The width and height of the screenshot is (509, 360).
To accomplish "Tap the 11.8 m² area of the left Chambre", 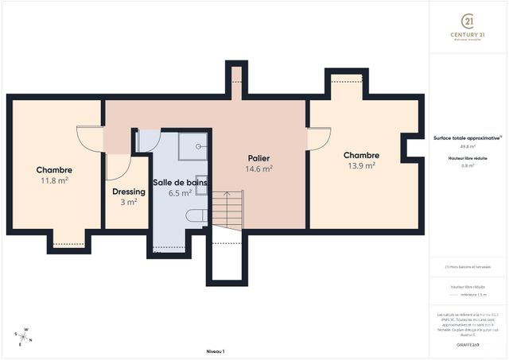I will [54, 181].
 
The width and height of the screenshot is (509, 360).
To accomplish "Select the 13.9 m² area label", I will [361, 166].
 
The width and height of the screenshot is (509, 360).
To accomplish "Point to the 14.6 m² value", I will [259, 168].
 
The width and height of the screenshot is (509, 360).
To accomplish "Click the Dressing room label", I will [128, 192].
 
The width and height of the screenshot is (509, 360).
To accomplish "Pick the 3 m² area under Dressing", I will [129, 202].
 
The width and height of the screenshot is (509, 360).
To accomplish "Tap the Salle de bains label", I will [180, 182].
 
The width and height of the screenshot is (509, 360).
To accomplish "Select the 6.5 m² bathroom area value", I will [180, 193].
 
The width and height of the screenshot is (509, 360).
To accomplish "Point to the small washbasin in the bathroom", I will [200, 180].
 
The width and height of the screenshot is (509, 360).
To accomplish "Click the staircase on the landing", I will [227, 208].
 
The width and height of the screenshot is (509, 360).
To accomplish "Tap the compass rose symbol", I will [25, 336].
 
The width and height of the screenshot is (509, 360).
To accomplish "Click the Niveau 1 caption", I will [215, 351].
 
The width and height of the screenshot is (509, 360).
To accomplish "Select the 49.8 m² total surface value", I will [468, 146].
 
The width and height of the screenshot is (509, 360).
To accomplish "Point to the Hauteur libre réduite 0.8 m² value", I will [468, 166].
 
